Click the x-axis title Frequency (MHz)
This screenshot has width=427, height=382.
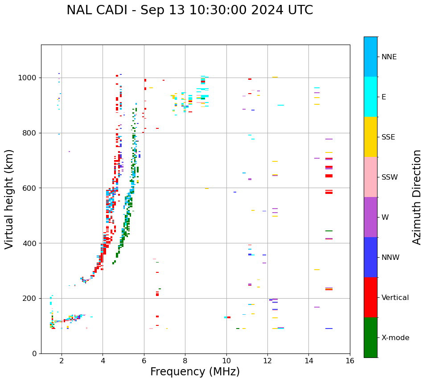point(195,372)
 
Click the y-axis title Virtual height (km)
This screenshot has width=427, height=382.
point(9,199)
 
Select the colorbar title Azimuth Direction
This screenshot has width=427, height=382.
point(417,197)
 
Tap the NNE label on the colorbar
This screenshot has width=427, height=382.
point(389,57)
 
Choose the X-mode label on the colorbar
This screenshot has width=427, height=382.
point(395,338)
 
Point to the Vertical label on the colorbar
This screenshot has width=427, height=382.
point(395,298)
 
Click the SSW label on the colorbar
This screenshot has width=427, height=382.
point(390,177)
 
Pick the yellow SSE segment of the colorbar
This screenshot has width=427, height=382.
point(370,137)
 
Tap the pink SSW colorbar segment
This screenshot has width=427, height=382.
point(370,177)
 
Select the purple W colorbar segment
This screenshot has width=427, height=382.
point(370,217)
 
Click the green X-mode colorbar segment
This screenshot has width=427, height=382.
point(370,337)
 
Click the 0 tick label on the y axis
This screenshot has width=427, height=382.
point(34,353)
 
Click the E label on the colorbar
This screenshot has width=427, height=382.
point(384,97)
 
